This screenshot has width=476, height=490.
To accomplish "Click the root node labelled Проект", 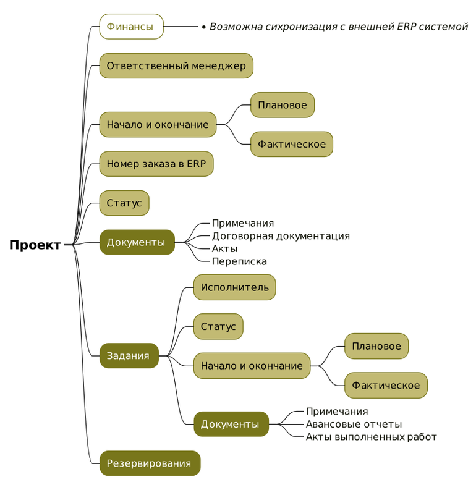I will coord(35,245).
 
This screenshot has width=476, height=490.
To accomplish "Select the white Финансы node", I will coord(131,27).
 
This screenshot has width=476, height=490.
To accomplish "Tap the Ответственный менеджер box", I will coord(176,65).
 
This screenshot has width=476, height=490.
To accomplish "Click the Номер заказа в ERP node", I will coord(156,164).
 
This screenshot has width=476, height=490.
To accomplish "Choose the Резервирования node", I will coord(150,463).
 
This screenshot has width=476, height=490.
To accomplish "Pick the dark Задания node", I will coord(129,356).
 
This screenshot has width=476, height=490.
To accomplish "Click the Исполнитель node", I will coord(234,287).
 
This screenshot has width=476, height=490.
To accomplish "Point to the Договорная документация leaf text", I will coord(281,236).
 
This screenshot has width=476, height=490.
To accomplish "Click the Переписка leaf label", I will coord(239,261).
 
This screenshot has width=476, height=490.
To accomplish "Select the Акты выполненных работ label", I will coord(371,437).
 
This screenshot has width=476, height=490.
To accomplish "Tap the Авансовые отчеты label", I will coord(354,424).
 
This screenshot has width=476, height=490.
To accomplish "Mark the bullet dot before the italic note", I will coord(204,27).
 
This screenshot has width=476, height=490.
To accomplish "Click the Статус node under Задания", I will coord(218,326).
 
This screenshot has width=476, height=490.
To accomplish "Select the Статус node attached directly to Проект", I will coord(124,203).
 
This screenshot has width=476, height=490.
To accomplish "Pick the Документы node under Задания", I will coord(231,424).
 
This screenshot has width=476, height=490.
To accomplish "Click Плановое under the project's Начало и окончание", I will coord(282,105).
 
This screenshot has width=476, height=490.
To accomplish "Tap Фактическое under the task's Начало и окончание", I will coord(386,386).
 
